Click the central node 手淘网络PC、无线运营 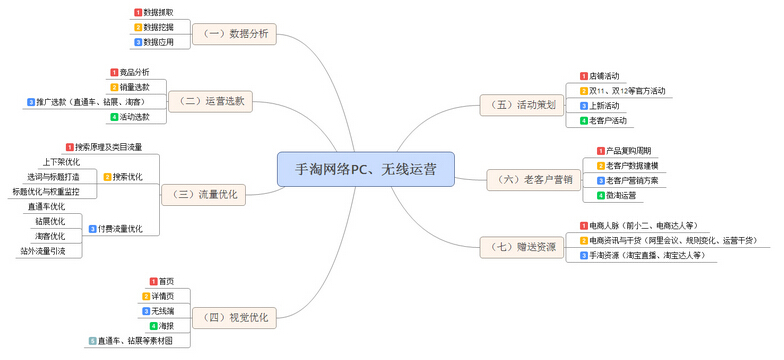(x=366, y=169)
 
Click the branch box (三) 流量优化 (x=205, y=193)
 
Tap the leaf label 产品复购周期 (x=630, y=150)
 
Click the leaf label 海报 (x=165, y=326)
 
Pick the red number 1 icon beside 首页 (x=153, y=281)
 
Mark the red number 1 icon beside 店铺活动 (x=583, y=76)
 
